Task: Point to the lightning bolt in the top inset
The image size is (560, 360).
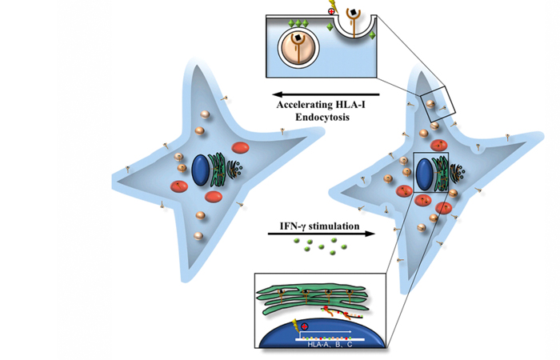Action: point(355,10)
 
